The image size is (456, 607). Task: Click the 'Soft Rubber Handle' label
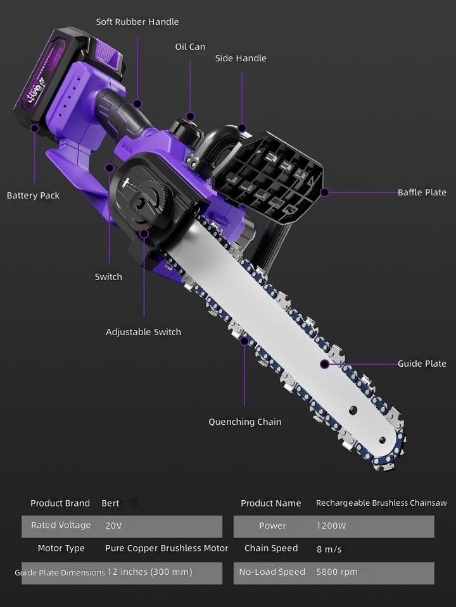pyautogui.click(x=137, y=22)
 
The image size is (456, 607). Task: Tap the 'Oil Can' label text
pyautogui.click(x=190, y=47)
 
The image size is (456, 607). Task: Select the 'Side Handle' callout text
pyautogui.click(x=241, y=58)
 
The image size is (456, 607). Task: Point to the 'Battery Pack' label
pyautogui.click(x=33, y=195)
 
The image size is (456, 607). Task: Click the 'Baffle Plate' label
pyautogui.click(x=422, y=192)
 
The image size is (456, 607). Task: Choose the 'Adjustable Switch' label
pyautogui.click(x=144, y=332)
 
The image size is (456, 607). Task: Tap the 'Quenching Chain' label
pyautogui.click(x=245, y=422)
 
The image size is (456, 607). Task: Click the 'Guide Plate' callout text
pyautogui.click(x=422, y=364)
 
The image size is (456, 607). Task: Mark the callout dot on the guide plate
pyautogui.click(x=324, y=364)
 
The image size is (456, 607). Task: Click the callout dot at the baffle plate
pyautogui.click(x=324, y=192)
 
